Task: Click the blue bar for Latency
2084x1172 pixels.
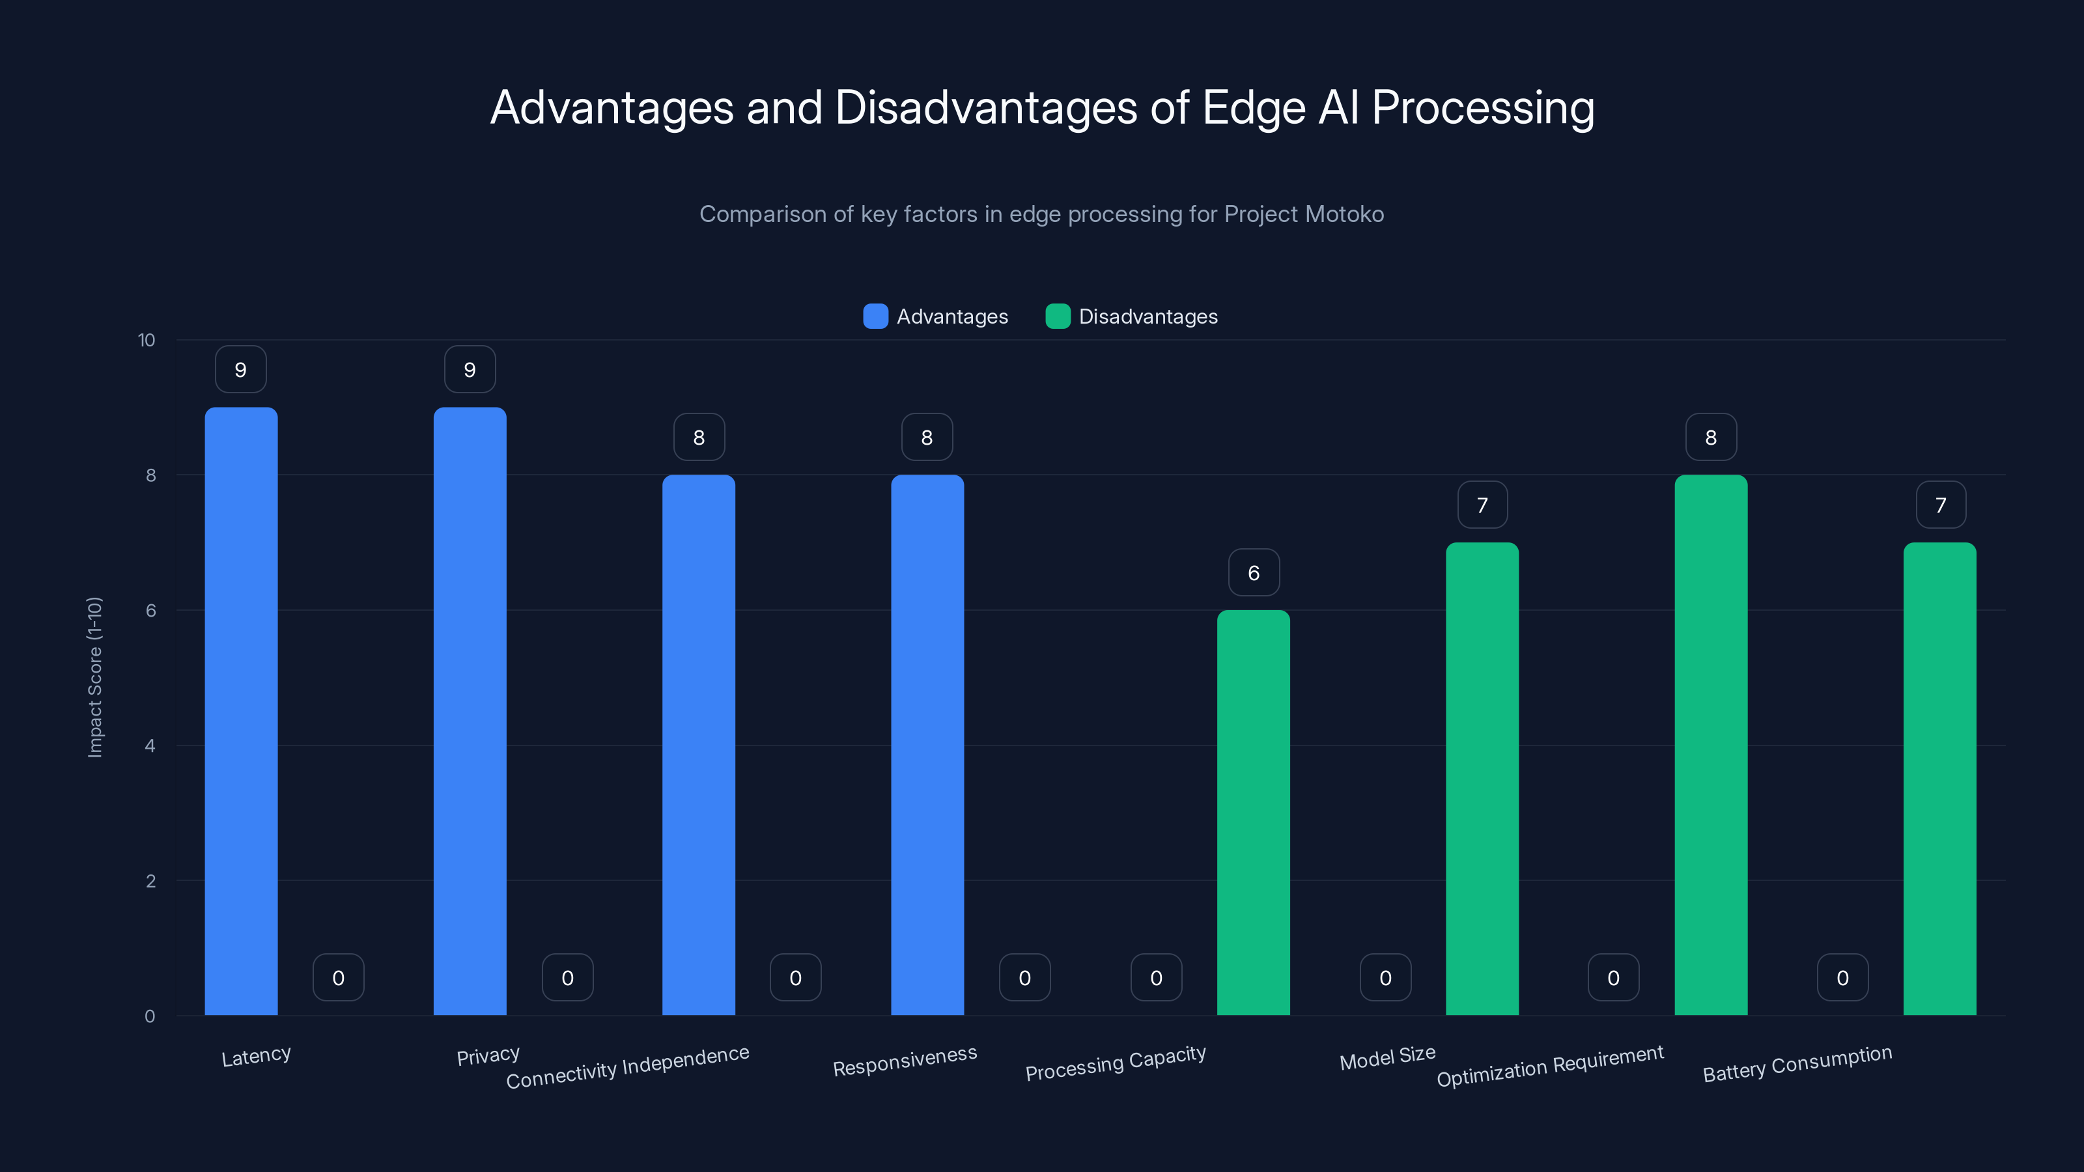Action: point(241,712)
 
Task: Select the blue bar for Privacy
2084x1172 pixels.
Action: point(470,712)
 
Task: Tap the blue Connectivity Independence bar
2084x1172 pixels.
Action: point(699,744)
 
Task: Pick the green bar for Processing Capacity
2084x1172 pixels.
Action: point(1253,813)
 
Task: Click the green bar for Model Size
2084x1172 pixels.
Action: point(1482,779)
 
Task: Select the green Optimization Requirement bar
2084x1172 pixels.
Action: point(1711,744)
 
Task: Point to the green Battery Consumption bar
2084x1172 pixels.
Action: point(1940,779)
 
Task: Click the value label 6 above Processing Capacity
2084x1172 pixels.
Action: point(1253,573)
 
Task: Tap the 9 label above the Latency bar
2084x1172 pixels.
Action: point(241,370)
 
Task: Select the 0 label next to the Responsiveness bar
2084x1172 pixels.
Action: point(1024,978)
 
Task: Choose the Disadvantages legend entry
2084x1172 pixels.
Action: point(1132,316)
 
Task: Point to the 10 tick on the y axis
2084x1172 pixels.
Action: point(147,340)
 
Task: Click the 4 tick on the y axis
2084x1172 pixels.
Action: point(150,746)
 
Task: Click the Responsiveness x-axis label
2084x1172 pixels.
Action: point(905,1061)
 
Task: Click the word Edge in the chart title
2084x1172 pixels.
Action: point(1253,107)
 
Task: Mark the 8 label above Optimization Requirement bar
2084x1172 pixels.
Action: point(1711,438)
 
